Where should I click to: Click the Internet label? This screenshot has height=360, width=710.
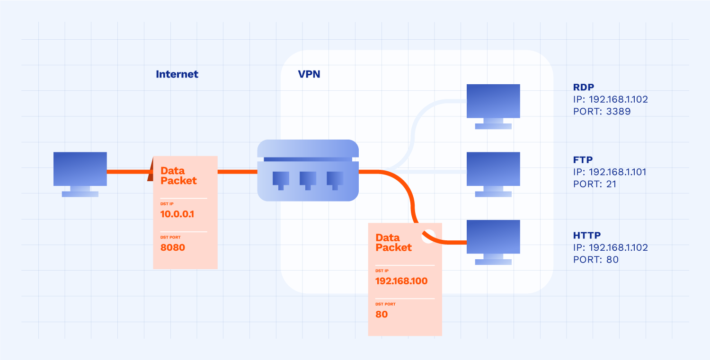(x=177, y=74)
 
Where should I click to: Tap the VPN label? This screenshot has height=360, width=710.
(x=309, y=74)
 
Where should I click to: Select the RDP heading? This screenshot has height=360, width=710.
(x=583, y=88)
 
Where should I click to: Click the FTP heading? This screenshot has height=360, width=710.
(x=582, y=159)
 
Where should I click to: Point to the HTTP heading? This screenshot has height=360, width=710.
(x=586, y=235)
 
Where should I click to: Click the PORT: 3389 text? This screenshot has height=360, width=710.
(x=602, y=112)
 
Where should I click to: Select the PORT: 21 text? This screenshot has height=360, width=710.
(x=595, y=184)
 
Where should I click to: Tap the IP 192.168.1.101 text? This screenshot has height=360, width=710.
(x=610, y=172)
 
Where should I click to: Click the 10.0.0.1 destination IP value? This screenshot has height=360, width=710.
(x=177, y=214)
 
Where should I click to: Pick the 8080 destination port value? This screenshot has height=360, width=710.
(x=173, y=247)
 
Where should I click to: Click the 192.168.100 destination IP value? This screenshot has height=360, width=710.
(x=401, y=281)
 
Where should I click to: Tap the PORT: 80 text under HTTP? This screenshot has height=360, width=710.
(x=596, y=260)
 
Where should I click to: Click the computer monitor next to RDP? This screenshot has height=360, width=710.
(x=493, y=101)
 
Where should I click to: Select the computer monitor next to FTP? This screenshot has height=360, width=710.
(x=493, y=169)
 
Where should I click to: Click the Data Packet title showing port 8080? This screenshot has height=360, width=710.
(x=178, y=176)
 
